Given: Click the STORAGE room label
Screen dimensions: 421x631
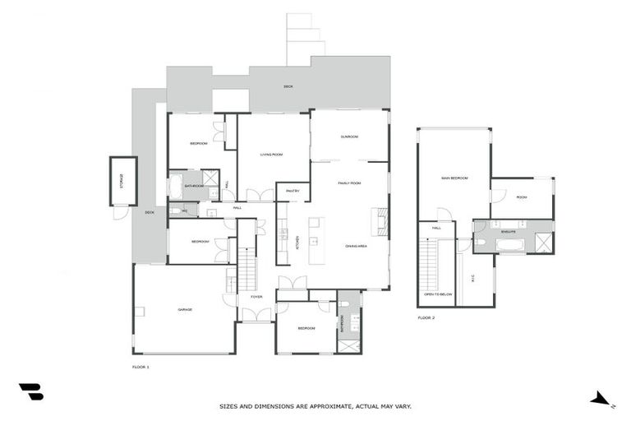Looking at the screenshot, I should [x=121, y=181].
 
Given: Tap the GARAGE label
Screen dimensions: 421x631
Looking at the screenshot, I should [x=185, y=310].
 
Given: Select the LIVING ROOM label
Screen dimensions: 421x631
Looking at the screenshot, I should [x=272, y=154].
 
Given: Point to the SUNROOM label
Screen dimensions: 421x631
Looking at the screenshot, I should [x=349, y=136].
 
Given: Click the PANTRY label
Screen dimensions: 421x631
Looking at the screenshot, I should [x=292, y=192].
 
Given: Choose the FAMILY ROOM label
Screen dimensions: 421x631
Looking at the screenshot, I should [x=349, y=183].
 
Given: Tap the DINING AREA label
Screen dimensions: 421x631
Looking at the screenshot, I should [x=356, y=246].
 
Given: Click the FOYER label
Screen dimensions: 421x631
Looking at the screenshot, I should [x=256, y=297].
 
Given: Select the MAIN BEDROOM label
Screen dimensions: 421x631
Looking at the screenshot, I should [x=454, y=178].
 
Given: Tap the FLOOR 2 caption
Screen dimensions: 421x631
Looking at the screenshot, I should [x=426, y=317].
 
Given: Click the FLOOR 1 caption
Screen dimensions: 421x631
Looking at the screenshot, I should [x=140, y=366].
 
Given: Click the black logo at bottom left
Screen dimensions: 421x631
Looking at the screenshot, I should [x=31, y=392].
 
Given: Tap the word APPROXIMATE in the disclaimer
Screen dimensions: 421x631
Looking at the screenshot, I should [x=323, y=406].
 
